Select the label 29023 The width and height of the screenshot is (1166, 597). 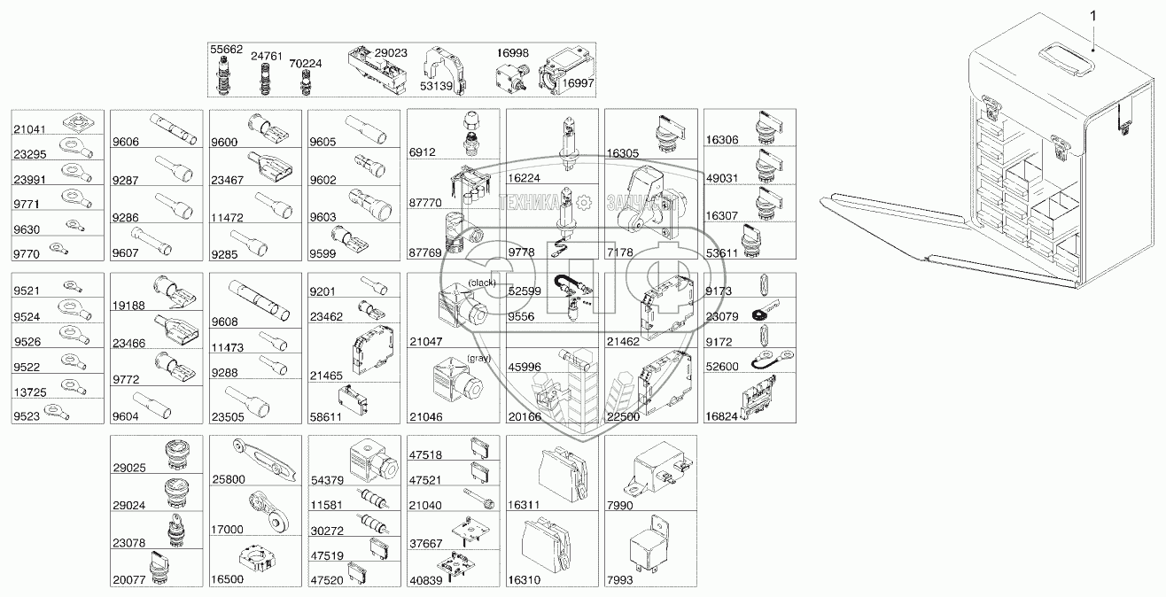click(391, 53)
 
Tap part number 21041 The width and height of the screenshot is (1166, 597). click(28, 129)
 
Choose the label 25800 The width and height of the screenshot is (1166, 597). click(229, 479)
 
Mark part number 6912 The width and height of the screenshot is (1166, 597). click(423, 152)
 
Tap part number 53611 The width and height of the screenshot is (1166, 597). click(723, 253)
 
